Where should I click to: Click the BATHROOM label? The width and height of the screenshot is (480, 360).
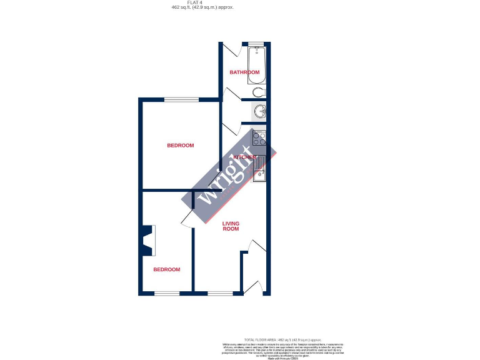244,72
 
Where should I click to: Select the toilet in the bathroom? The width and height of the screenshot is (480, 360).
259,93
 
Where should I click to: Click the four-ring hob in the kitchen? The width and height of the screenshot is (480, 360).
259,137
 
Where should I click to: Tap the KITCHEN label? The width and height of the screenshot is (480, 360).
244,157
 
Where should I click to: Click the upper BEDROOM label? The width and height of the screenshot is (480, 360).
180,146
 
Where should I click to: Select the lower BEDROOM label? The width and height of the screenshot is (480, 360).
167,269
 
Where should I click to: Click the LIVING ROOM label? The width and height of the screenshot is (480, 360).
231,226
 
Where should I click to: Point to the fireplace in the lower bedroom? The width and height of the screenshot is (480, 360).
148,240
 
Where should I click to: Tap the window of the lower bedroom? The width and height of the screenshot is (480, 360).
167,293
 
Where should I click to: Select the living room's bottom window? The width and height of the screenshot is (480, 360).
219,293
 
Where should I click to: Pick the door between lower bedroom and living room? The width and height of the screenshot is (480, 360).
187,216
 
